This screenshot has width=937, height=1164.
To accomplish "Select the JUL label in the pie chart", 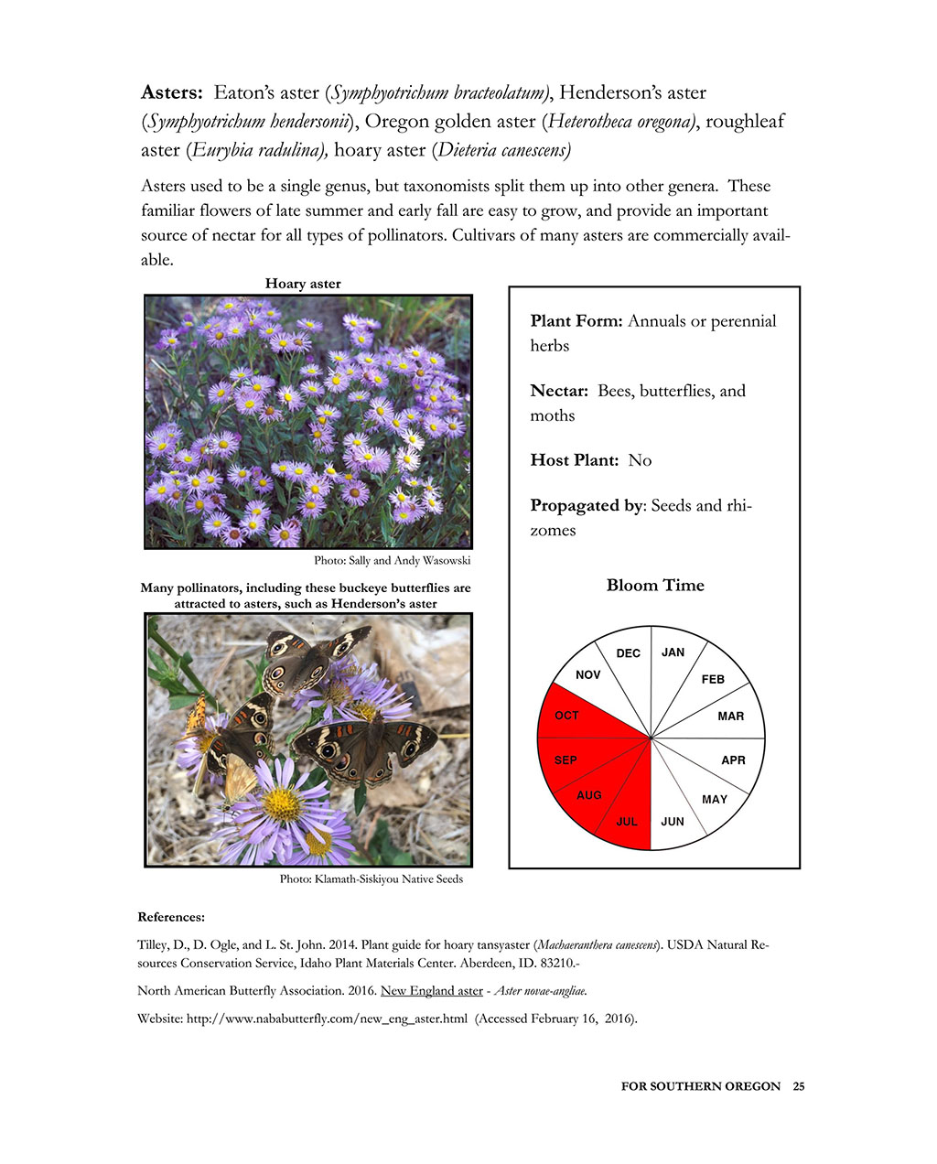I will point(627,822).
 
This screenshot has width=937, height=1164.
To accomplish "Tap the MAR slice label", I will point(731,717).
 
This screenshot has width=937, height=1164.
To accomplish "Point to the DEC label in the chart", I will point(629,653).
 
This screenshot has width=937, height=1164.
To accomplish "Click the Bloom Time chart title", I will point(655,586).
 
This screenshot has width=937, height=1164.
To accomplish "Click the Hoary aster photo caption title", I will point(303,284).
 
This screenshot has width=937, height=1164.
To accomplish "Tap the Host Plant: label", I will point(575,460).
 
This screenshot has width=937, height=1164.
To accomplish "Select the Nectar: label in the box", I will point(559,391).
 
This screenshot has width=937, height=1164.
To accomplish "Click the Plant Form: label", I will point(576,321).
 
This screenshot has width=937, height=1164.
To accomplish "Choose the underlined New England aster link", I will point(432,991).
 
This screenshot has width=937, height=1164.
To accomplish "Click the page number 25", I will point(799,1086).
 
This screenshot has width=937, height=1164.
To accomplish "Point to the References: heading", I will point(171,917).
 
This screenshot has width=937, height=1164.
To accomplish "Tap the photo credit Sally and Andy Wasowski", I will point(392,560).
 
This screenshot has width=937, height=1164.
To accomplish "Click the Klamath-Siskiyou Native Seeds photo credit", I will point(372,879).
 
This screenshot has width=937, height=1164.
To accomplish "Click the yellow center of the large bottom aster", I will point(282,804).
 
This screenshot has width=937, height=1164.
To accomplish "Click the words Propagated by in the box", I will point(586,505).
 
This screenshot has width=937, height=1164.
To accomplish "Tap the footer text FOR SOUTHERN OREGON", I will point(701,1086).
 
